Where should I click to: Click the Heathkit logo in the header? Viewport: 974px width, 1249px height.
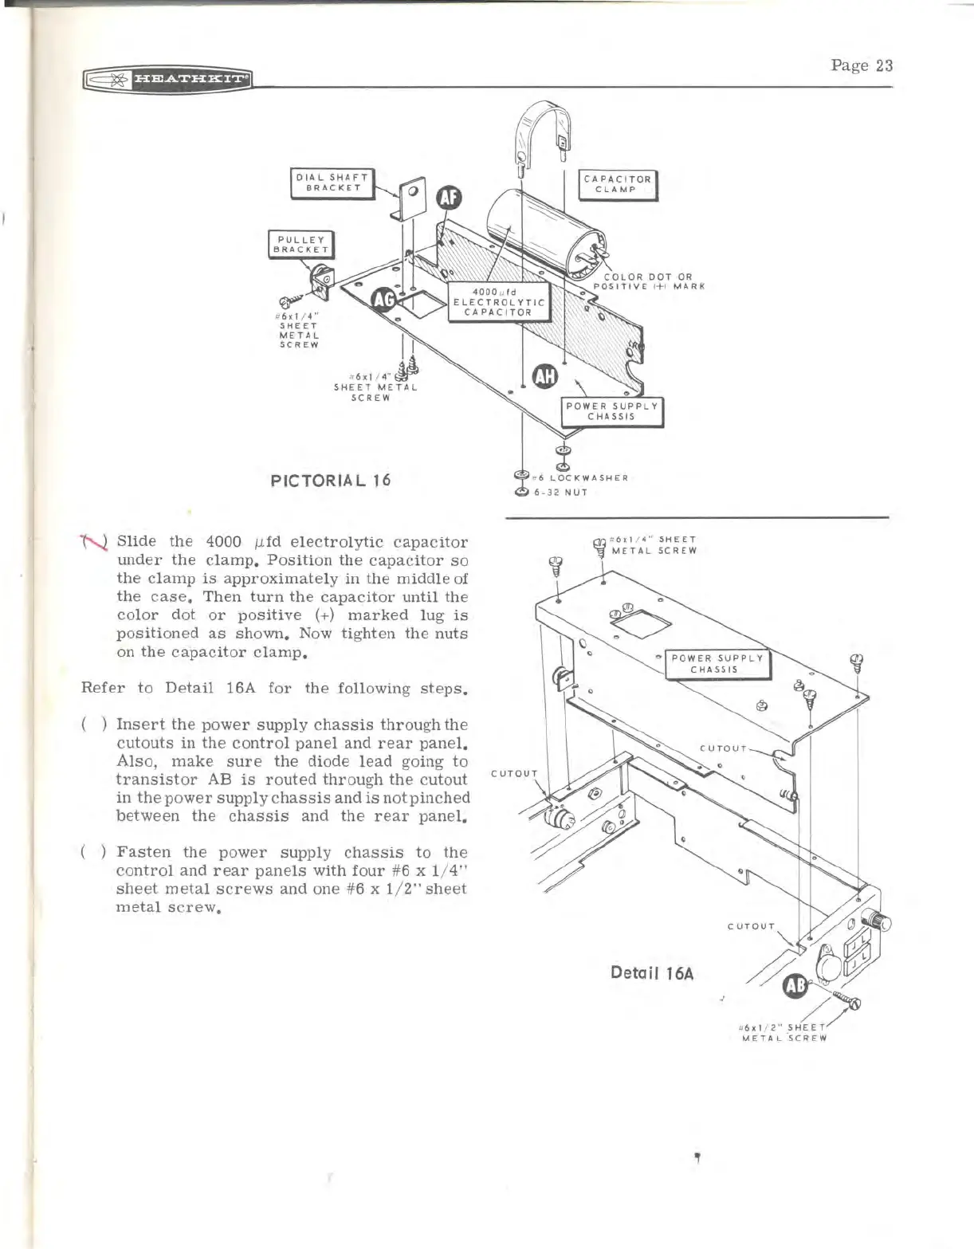(x=167, y=79)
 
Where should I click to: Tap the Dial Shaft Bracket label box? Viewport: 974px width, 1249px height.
(x=332, y=183)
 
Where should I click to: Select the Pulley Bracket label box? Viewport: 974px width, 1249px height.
(x=300, y=244)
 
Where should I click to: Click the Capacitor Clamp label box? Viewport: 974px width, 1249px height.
(x=617, y=184)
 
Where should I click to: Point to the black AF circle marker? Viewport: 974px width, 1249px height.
(x=449, y=198)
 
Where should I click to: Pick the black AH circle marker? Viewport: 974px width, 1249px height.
(x=546, y=376)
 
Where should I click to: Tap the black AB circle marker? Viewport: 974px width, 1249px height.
(x=795, y=986)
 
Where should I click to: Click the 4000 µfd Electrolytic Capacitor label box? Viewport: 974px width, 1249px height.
(x=499, y=301)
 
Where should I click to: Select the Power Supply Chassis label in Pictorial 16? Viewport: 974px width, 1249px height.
(x=612, y=411)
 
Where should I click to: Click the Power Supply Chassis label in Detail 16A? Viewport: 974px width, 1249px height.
(x=718, y=664)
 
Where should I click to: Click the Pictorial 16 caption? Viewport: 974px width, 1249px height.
(x=331, y=481)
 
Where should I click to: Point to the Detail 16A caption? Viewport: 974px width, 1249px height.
(x=652, y=973)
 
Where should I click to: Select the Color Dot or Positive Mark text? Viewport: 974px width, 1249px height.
(x=648, y=282)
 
